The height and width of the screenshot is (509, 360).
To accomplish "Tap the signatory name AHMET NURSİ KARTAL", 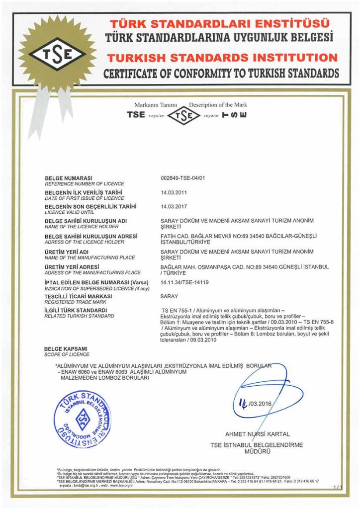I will pyautogui.click(x=257, y=434).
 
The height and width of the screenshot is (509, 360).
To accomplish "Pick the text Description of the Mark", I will pyautogui.click(x=218, y=105).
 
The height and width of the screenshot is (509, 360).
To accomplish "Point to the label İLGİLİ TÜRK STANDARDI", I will pyautogui.click(x=76, y=310).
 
